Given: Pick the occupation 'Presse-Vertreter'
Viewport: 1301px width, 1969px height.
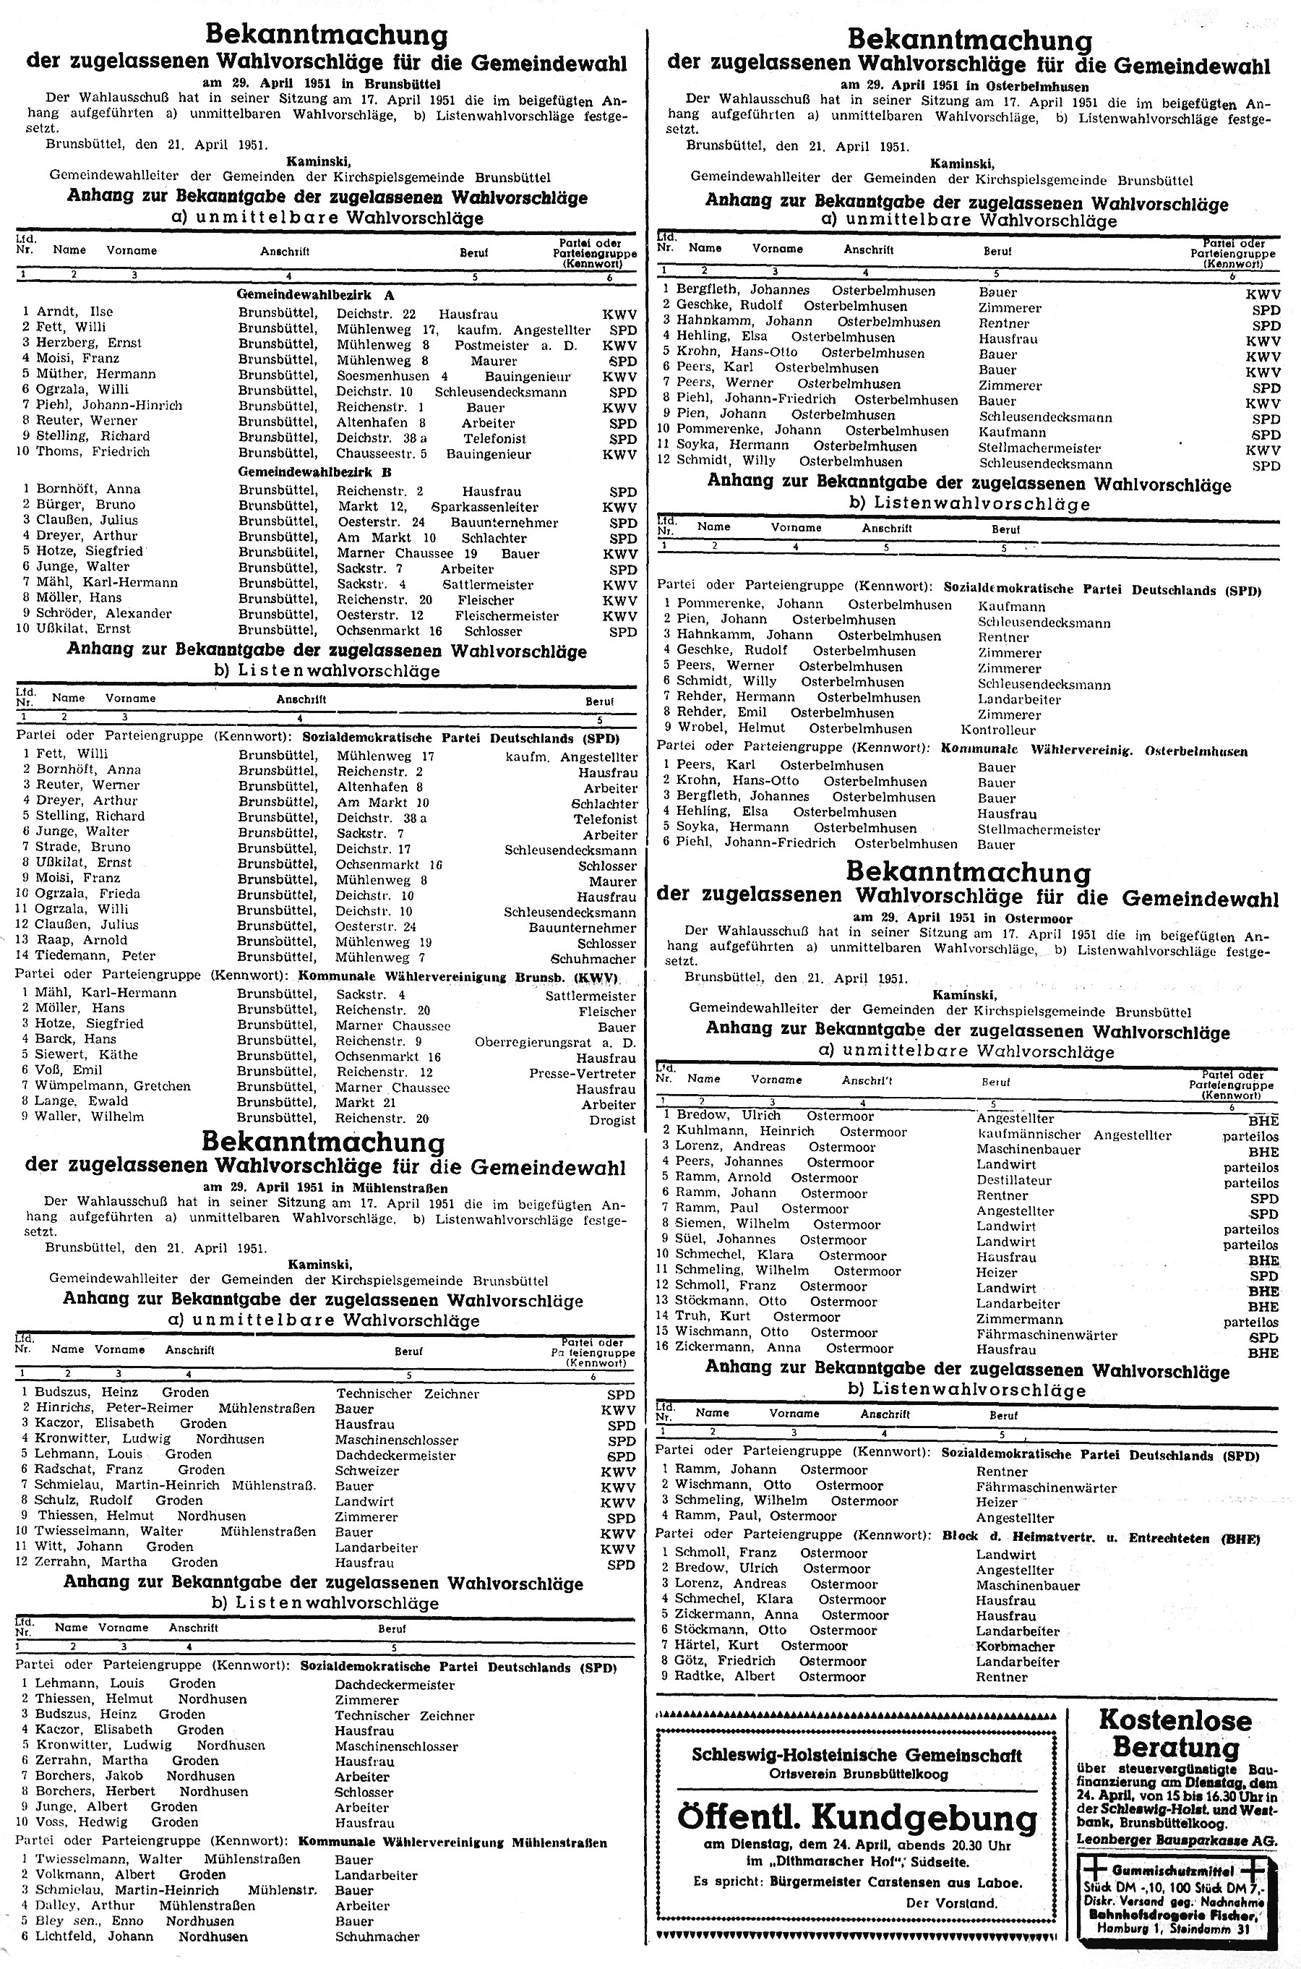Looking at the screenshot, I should click(583, 1074).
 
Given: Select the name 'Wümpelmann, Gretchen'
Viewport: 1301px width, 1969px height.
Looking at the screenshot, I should click(112, 1087).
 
